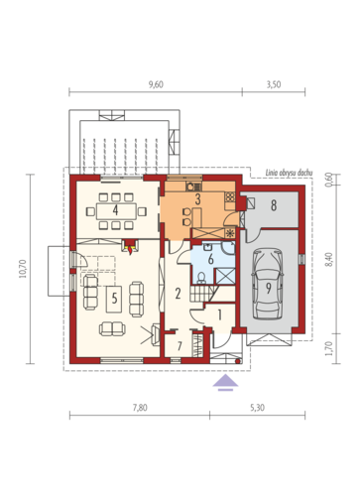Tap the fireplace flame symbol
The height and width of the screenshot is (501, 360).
130,250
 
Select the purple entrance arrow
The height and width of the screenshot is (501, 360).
225,383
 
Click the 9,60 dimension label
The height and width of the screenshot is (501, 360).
156,84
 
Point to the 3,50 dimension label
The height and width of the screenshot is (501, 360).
274,84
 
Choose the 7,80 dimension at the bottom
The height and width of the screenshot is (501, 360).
140,408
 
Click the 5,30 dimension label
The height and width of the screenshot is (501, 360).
257,408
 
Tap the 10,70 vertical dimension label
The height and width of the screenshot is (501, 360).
22,269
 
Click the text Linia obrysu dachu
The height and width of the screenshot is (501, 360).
289,173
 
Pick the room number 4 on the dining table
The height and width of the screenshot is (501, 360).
115,210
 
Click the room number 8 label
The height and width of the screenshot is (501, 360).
274,205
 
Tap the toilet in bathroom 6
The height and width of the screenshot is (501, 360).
201,278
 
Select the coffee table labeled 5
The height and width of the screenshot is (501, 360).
114,300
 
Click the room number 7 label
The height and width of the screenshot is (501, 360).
180,346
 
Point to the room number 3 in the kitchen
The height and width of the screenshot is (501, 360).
197,199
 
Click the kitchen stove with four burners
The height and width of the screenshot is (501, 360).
230,197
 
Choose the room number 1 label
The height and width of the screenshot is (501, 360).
219,315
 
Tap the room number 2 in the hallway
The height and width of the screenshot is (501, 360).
178,293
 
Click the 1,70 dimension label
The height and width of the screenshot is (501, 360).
328,349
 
